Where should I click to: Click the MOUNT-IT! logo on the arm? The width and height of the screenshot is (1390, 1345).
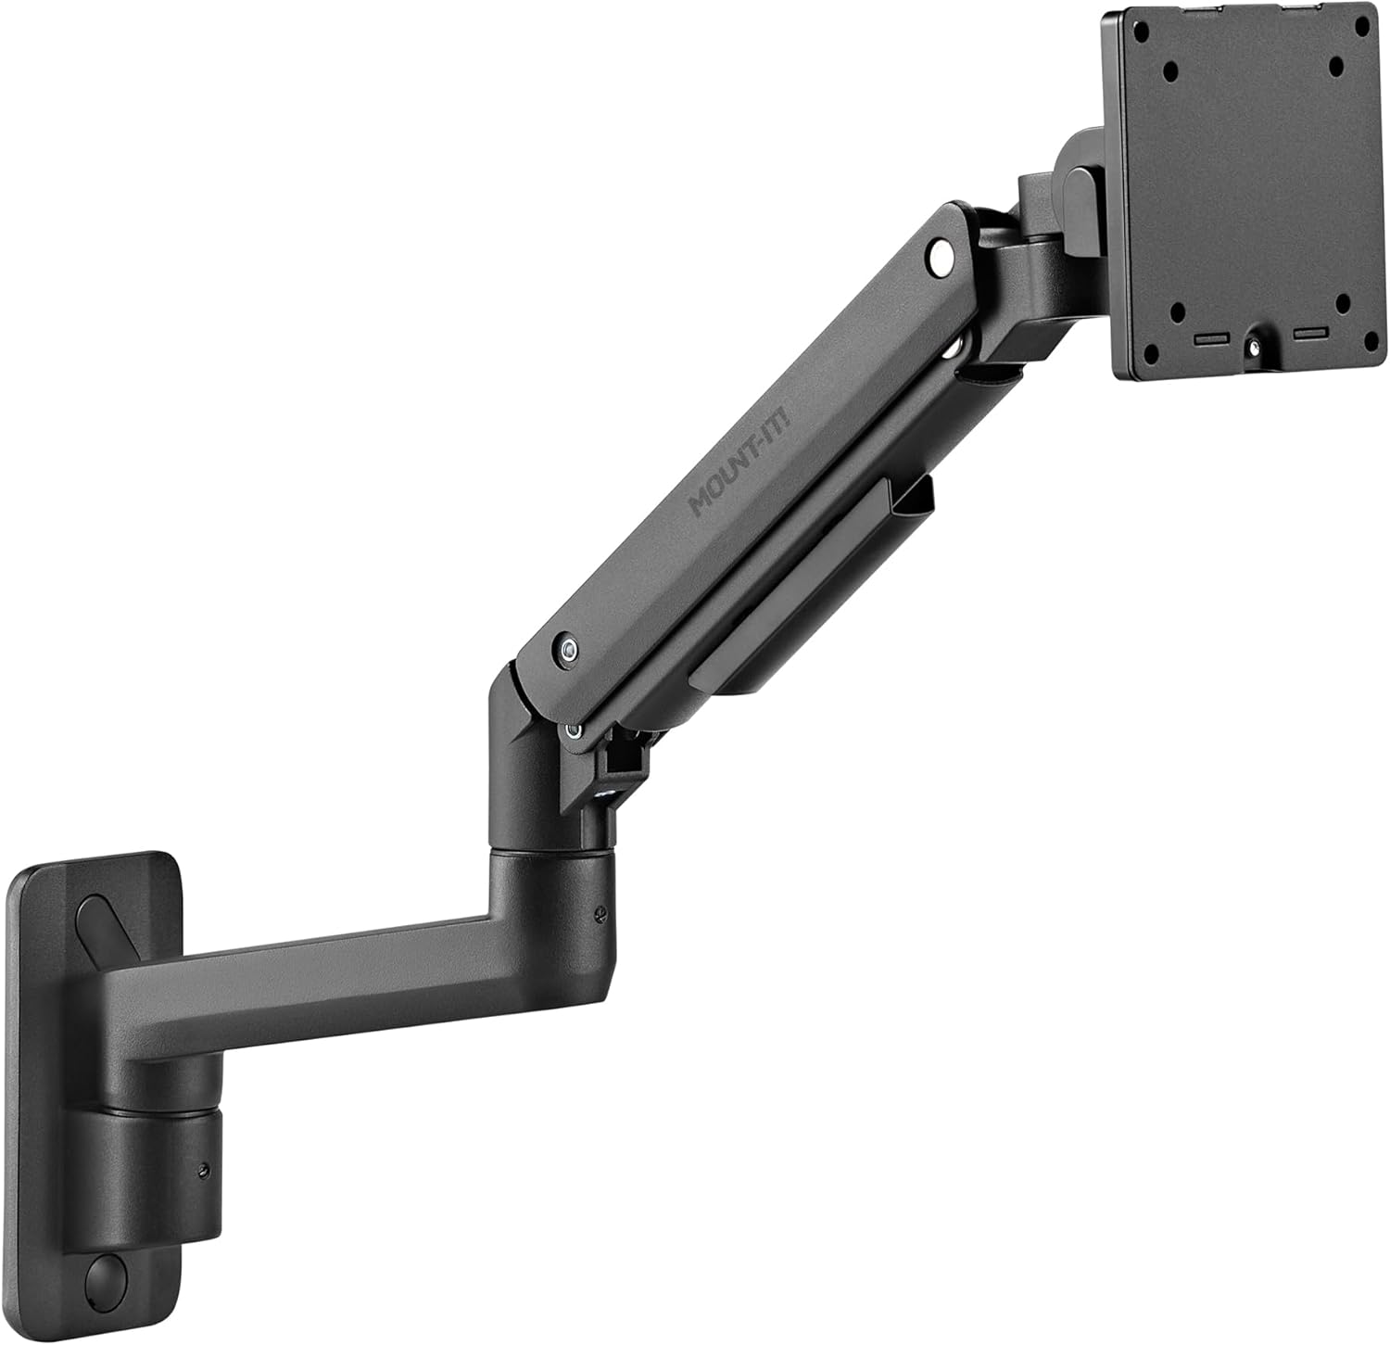[x=733, y=477]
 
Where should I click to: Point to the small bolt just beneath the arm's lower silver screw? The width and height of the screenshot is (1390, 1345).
[x=575, y=730]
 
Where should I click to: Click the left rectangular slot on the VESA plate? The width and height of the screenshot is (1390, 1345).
[x=1208, y=339]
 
